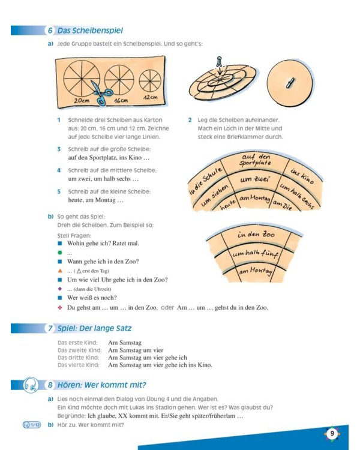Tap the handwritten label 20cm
pyautogui.click(x=82, y=100)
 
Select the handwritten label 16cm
pyautogui.click(x=121, y=101)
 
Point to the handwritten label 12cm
pyautogui.click(x=151, y=97)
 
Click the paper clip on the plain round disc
pyautogui.click(x=290, y=83)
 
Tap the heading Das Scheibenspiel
pyautogui.click(x=90, y=31)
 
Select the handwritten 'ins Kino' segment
pyautogui.click(x=302, y=176)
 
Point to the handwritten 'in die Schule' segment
pyautogui.click(x=206, y=180)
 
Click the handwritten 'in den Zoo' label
pyautogui.click(x=256, y=235)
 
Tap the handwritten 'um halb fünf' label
pyautogui.click(x=255, y=254)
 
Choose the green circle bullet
pyautogui.click(x=60, y=253)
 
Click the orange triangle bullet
pyautogui.click(x=60, y=271)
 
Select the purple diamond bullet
pyautogui.click(x=60, y=289)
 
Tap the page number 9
pyautogui.click(x=332, y=433)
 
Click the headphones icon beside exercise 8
pyautogui.click(x=31, y=385)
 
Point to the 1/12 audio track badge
pyautogui.click(x=32, y=425)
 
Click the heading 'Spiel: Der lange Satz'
pyautogui.click(x=94, y=328)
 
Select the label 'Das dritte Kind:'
pyautogui.click(x=78, y=358)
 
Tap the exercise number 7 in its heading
pyautogui.click(x=50, y=328)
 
